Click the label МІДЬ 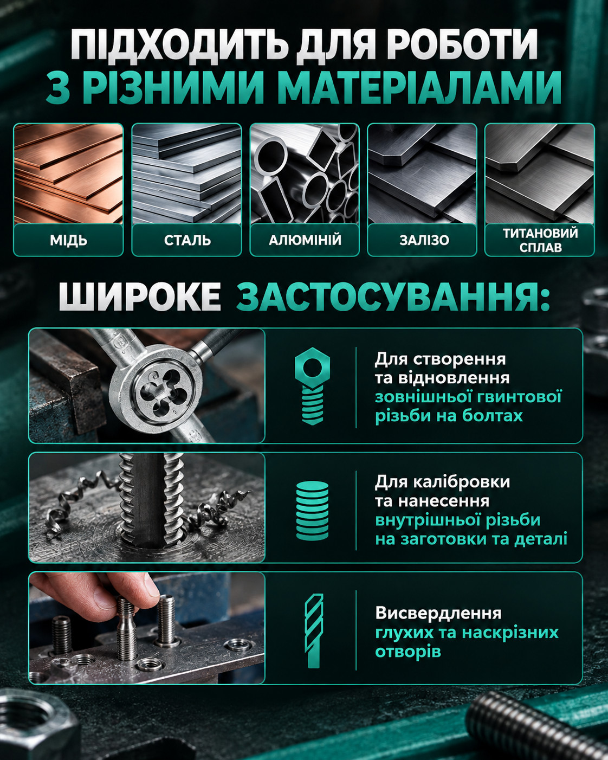point(68,241)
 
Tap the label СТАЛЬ point(187,241)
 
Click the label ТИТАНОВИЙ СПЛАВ point(540,240)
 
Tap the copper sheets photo point(68,173)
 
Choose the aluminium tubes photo point(305,173)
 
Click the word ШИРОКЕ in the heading point(140,297)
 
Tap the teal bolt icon point(312,387)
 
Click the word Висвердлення point(438,613)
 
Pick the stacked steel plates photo point(186,173)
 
